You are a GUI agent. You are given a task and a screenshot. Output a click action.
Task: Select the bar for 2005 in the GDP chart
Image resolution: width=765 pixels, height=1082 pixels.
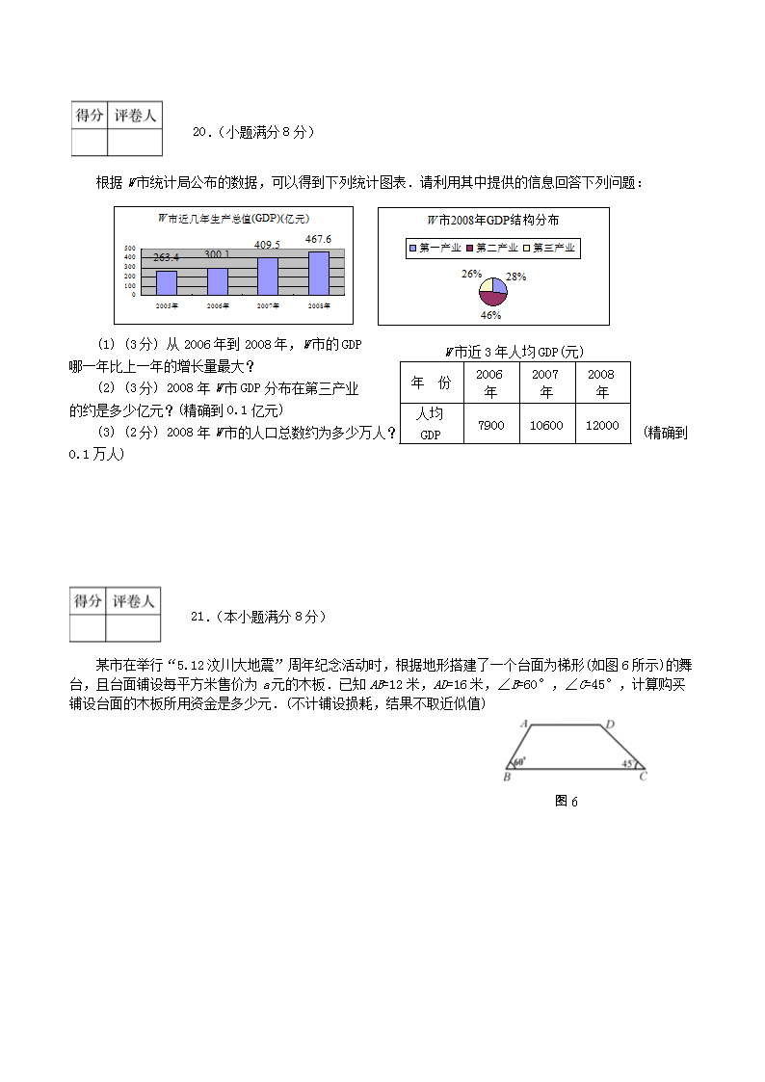click(x=166, y=282)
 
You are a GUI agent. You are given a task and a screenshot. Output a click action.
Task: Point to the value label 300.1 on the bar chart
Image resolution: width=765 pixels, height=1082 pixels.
click(x=217, y=254)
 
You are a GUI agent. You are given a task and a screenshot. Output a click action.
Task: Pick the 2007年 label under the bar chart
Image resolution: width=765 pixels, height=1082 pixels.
click(x=268, y=305)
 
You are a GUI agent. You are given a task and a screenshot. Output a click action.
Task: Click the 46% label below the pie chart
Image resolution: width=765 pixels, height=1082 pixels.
click(x=490, y=314)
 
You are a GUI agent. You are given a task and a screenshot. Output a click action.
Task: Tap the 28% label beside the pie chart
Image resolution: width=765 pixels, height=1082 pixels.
click(x=516, y=277)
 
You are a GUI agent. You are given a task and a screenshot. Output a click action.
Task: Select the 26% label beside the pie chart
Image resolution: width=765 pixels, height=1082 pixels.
click(x=470, y=274)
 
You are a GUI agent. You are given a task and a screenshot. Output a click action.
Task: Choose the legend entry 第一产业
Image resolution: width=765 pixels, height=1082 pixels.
click(x=433, y=248)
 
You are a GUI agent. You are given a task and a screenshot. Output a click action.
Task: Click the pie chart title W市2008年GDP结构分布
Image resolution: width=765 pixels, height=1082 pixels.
click(x=493, y=221)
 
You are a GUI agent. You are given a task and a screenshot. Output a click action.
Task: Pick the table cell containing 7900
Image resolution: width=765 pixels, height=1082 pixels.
click(x=490, y=425)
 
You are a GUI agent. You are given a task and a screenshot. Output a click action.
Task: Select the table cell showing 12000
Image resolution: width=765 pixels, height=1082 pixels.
click(x=602, y=425)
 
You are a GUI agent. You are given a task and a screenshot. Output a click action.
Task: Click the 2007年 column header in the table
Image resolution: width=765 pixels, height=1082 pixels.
click(x=546, y=383)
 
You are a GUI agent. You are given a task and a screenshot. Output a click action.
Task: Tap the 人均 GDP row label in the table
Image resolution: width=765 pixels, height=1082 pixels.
click(x=430, y=424)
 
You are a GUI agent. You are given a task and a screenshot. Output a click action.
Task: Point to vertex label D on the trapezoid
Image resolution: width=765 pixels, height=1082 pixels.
click(x=609, y=725)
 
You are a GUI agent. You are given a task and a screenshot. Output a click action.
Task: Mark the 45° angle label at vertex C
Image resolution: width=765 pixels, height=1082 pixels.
click(x=627, y=763)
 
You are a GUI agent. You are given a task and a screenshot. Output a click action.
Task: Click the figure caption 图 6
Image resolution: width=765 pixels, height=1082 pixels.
click(x=567, y=801)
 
